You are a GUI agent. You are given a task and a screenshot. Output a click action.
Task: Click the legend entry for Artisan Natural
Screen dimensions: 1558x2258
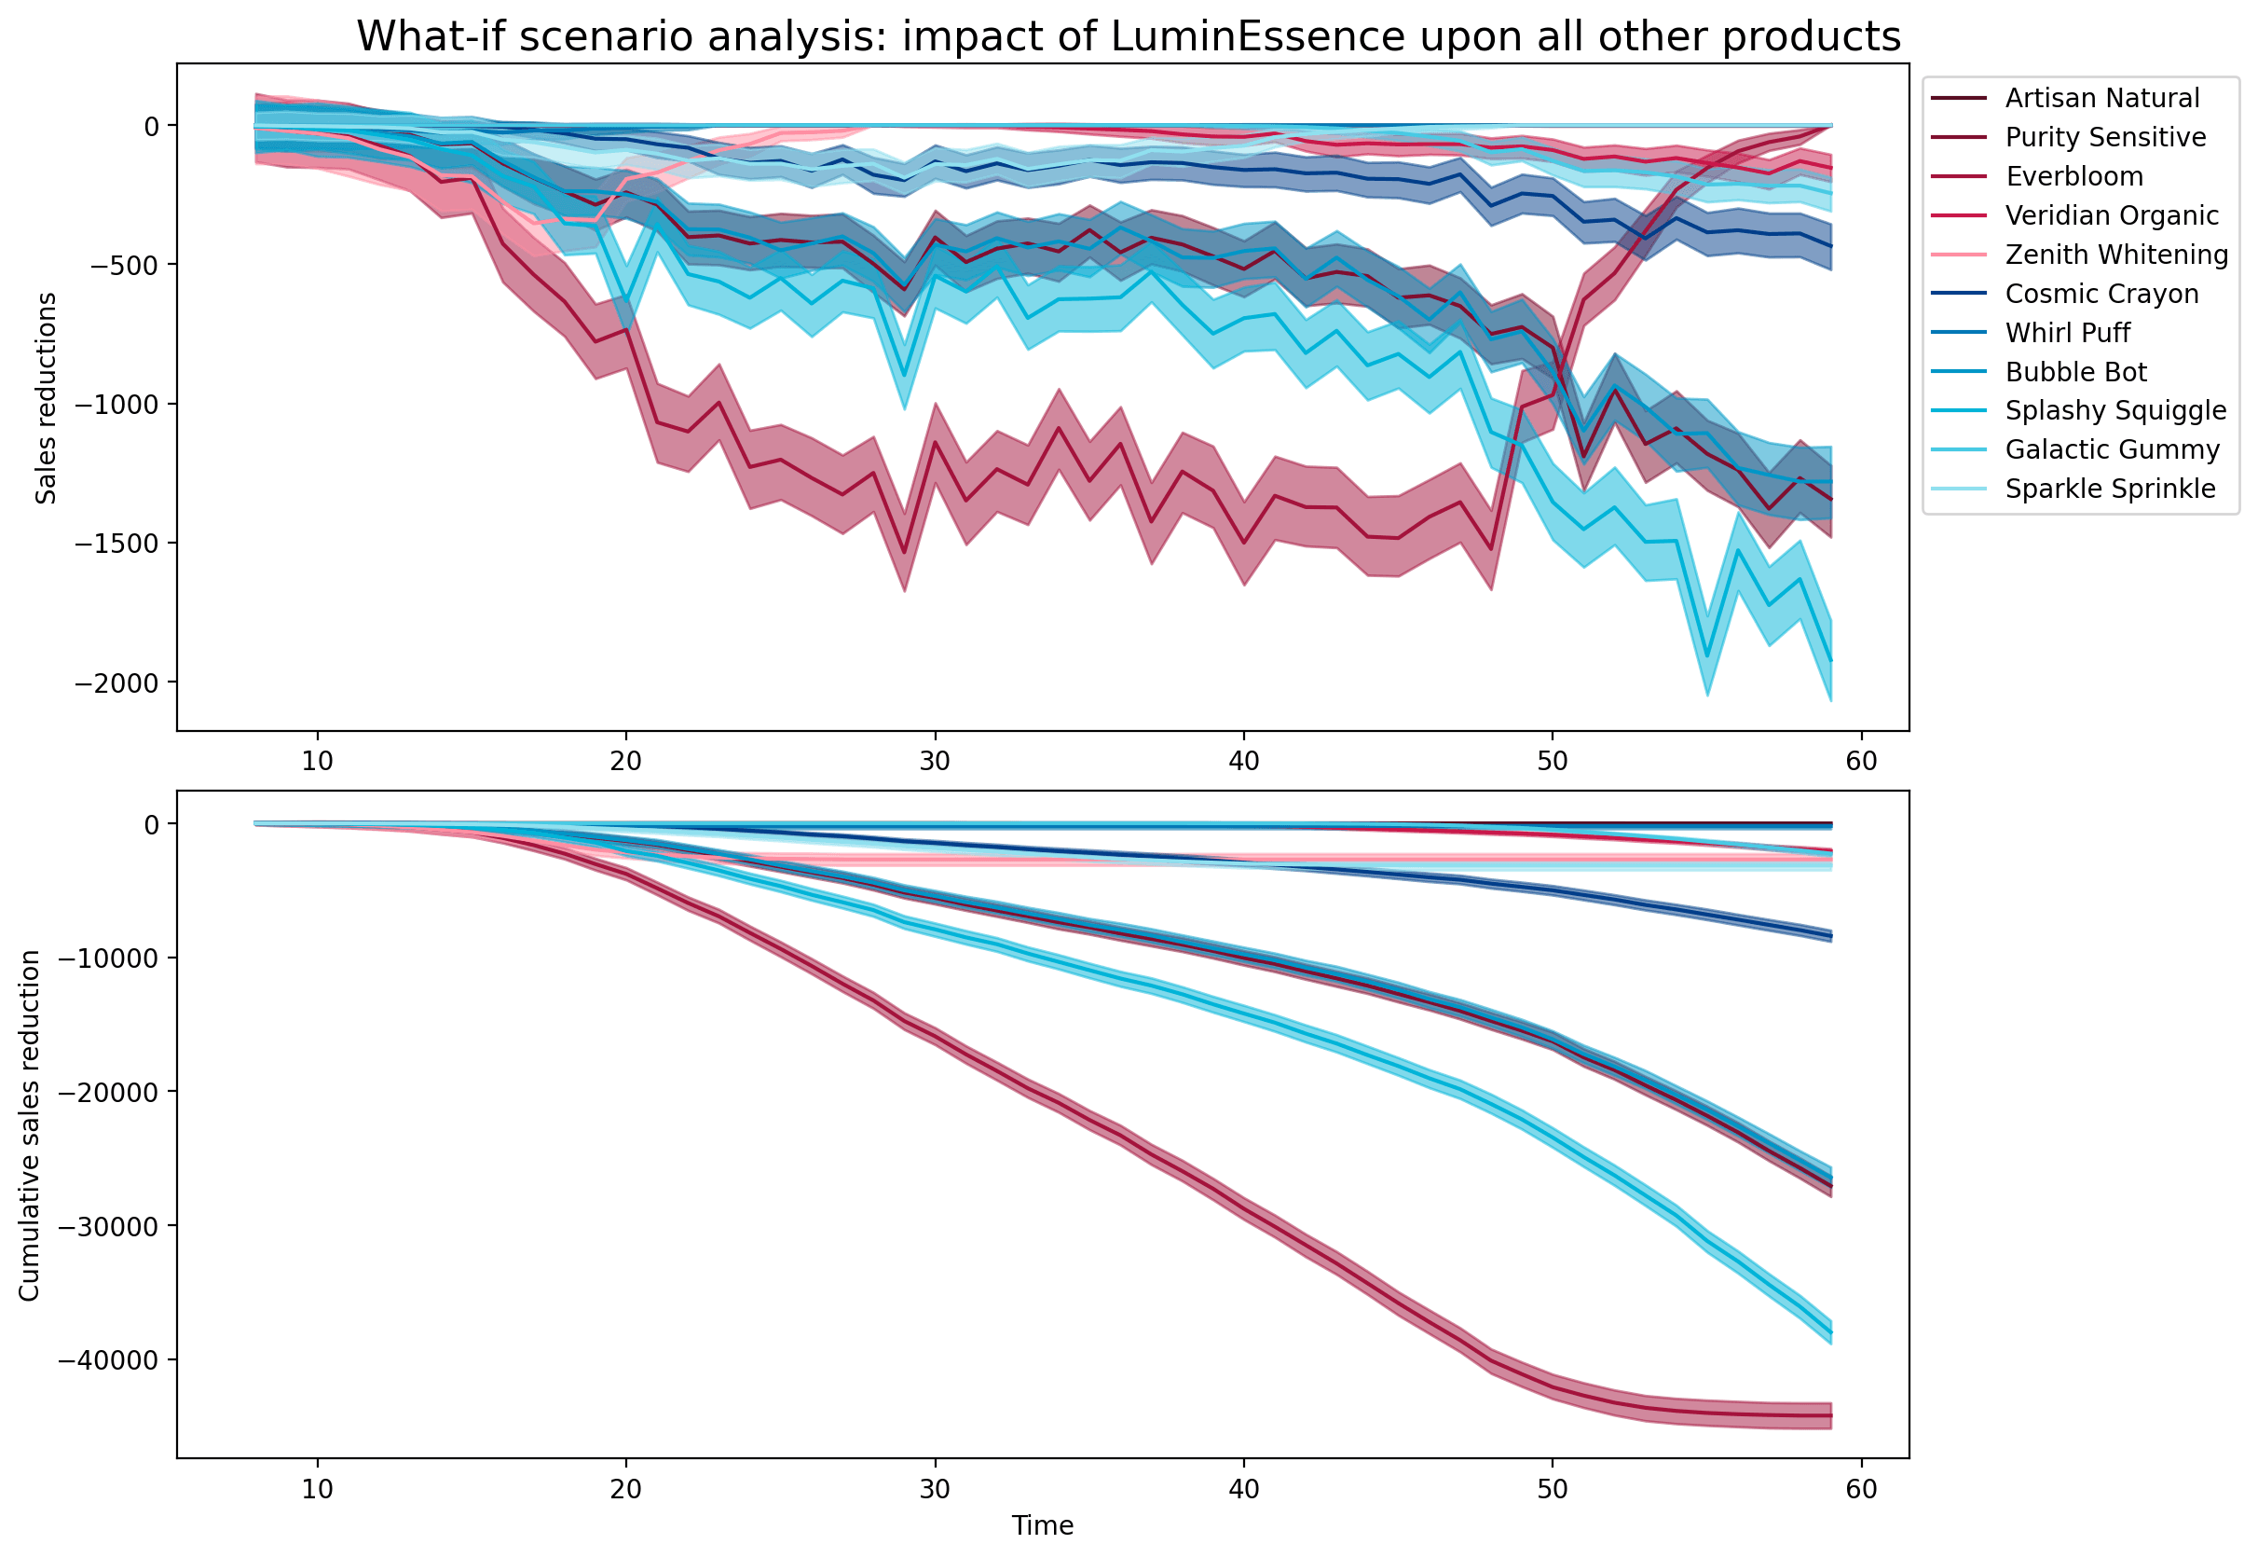coord(2101,99)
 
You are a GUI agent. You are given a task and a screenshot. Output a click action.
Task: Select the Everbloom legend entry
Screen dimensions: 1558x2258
coord(2073,177)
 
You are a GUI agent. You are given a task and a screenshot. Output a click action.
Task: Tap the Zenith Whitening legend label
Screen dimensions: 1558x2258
coord(2115,255)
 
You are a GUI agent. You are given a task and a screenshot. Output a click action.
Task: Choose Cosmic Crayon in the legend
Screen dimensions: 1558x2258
coord(2101,294)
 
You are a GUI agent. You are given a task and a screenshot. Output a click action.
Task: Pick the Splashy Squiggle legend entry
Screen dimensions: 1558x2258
coord(2114,411)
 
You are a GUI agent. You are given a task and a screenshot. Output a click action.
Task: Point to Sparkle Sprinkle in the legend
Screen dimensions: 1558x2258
coord(2110,489)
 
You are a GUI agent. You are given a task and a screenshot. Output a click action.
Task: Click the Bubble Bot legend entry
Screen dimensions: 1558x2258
coord(2075,372)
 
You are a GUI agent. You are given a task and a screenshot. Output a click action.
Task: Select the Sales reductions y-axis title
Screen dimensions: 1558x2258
coord(46,398)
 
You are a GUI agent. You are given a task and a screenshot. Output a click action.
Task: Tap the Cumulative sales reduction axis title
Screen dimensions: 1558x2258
coord(29,1125)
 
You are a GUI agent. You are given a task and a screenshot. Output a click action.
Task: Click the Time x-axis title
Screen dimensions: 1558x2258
coord(1042,1525)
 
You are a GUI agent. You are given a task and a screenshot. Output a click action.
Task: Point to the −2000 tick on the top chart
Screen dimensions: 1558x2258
coord(116,683)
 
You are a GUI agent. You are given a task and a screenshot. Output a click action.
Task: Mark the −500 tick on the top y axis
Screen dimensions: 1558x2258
coord(125,266)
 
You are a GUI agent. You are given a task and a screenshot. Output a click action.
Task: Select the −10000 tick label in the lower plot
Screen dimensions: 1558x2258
coord(107,958)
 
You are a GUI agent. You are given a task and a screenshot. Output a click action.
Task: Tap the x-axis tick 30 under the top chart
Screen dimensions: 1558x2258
coord(935,761)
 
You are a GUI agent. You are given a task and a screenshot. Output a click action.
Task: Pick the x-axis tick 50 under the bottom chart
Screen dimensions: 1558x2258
coord(1553,1489)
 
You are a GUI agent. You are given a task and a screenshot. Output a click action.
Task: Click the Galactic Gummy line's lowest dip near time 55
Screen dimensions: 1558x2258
coord(1706,657)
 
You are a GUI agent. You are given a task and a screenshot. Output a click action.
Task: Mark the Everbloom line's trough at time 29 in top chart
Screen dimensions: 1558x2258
coord(905,554)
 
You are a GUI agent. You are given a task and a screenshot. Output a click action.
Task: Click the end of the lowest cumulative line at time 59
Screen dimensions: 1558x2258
coord(1830,1415)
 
